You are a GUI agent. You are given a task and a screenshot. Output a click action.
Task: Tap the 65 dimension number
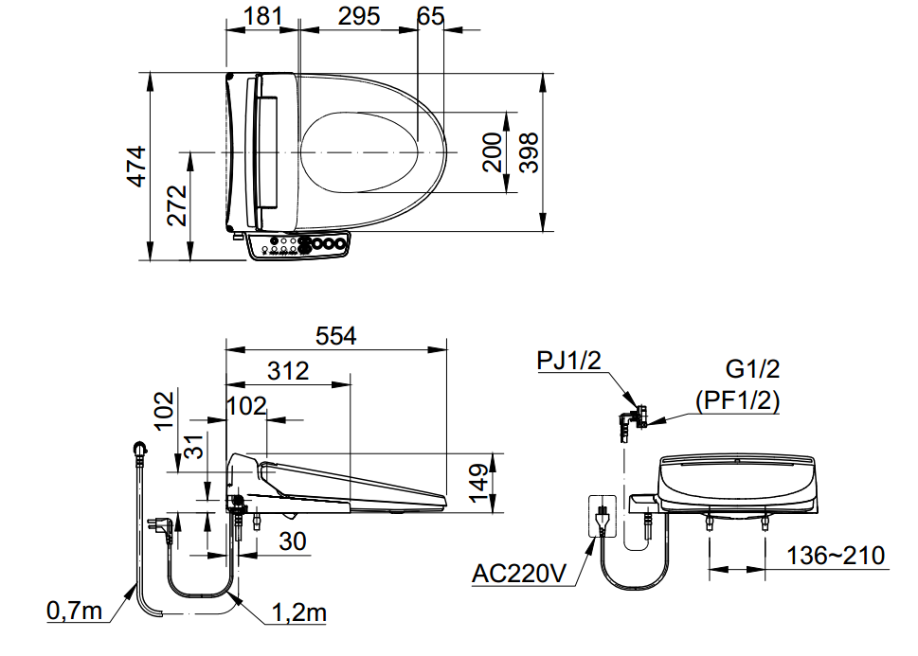pyautogui.click(x=430, y=16)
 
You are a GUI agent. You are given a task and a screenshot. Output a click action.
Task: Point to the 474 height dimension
pyautogui.click(x=137, y=166)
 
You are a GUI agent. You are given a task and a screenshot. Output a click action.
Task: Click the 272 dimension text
pyautogui.click(x=177, y=204)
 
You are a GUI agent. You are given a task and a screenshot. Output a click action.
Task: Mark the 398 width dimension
pyautogui.click(x=528, y=152)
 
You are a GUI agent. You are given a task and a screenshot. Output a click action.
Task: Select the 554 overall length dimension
pyautogui.click(x=335, y=336)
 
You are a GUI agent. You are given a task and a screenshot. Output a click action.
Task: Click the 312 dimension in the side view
pyautogui.click(x=287, y=371)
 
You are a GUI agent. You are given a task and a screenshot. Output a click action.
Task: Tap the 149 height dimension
pyautogui.click(x=480, y=483)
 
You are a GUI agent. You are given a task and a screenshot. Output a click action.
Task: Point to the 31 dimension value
pyautogui.click(x=193, y=445)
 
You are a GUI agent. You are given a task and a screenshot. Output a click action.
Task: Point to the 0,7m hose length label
pyautogui.click(x=75, y=612)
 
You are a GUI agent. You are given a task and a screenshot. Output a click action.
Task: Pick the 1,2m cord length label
pyautogui.click(x=298, y=612)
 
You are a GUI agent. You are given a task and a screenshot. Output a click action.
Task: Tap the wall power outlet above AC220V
pyautogui.click(x=600, y=517)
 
